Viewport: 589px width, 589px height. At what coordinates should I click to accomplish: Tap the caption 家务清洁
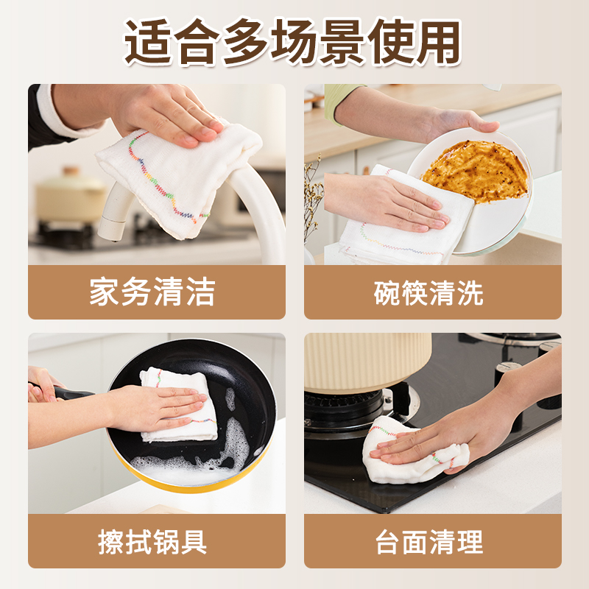pos(152,292)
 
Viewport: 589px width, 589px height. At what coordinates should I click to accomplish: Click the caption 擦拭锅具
pos(152,543)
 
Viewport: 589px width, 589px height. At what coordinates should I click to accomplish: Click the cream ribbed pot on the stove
pos(368,361)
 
